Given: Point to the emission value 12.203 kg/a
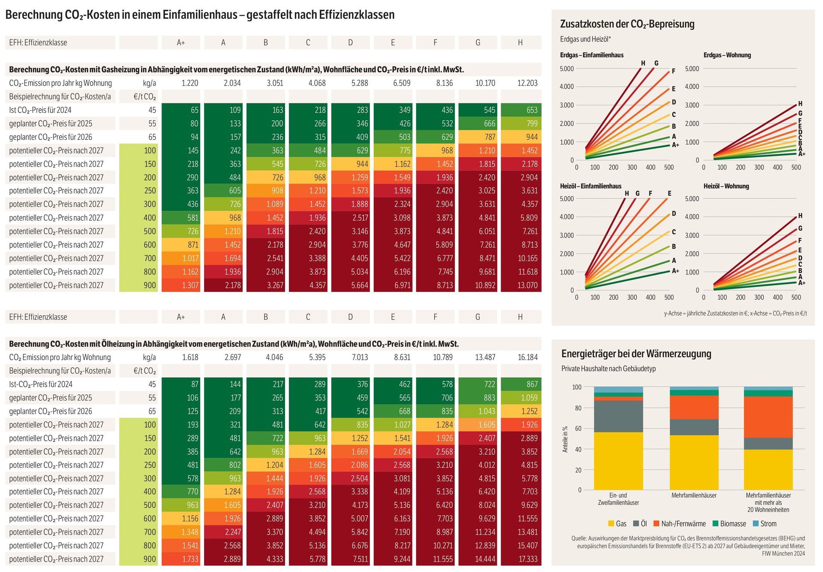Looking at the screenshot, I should point(527,83).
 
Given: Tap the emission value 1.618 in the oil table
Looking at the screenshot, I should point(190,357).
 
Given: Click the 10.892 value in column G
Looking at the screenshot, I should point(485,285).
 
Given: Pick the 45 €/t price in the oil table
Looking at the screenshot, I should point(152,384).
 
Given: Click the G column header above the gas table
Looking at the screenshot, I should point(478,42).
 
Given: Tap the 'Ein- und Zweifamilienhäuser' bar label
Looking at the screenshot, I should point(618,499).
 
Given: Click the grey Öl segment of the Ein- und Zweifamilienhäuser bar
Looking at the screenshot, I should point(618,416).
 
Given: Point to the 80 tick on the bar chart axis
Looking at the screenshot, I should point(577,408).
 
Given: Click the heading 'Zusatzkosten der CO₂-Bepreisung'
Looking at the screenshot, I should point(627,24).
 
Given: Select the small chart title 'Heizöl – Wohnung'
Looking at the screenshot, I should point(726,186).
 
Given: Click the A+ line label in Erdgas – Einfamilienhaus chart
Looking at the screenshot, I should point(675,145).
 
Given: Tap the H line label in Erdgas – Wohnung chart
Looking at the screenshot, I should point(800,104).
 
